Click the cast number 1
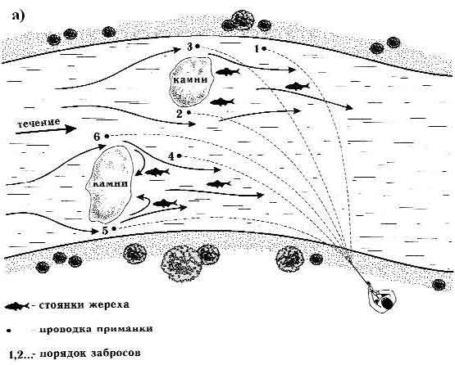pos(257,49)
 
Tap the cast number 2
pos(180,114)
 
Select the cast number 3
pos(189,47)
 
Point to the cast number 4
pos(171,156)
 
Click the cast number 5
pos(105,231)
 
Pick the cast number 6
pos(97,137)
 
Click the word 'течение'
pos(39,123)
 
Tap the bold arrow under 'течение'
pos(46,129)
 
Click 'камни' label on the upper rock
pos(190,79)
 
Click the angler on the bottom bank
pos(381,299)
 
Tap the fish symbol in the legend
pos(17,306)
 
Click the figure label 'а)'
pos(18,16)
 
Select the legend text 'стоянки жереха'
pos(84,305)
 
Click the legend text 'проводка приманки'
pos(96,329)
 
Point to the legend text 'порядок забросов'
pos(89,354)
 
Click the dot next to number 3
pos(198,46)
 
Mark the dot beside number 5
pos(114,228)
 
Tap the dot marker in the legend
pos(9,330)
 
